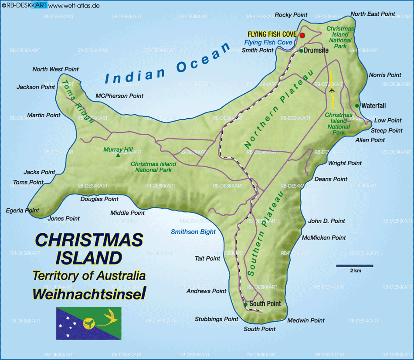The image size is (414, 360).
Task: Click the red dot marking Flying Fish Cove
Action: pyautogui.click(x=302, y=35)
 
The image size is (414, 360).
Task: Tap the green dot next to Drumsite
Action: pyautogui.click(x=301, y=51)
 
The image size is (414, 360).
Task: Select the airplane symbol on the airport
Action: pyautogui.click(x=332, y=90)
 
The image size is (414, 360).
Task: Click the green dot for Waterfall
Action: pyautogui.click(x=357, y=105)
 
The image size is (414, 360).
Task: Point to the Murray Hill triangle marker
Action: pyautogui.click(x=118, y=155)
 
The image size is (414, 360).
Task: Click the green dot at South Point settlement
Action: pyautogui.click(x=246, y=304)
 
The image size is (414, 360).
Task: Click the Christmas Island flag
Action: pyautogui.click(x=88, y=323)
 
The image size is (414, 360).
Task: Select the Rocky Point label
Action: pyautogui.click(x=291, y=15)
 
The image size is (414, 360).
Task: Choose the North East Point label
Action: pyautogui.click(x=373, y=14)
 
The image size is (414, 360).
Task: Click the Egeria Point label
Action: pyautogui.click(x=23, y=211)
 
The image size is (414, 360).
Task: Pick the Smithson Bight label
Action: pyautogui.click(x=193, y=232)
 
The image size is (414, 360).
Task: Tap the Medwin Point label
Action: pyautogui.click(x=306, y=320)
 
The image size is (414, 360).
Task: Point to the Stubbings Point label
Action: pyautogui.click(x=217, y=319)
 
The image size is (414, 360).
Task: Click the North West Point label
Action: pyautogui.click(x=55, y=69)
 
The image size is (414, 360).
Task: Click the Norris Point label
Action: pyautogui.click(x=385, y=75)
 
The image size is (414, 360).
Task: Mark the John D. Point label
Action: pyautogui.click(x=326, y=221)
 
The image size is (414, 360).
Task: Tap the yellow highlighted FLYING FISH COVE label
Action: pyautogui.click(x=272, y=34)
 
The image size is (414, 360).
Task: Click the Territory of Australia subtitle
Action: pyautogui.click(x=89, y=275)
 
